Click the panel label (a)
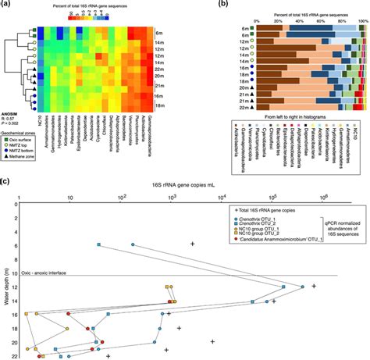click(x=7, y=6)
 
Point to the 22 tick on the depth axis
click(x=18, y=355)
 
